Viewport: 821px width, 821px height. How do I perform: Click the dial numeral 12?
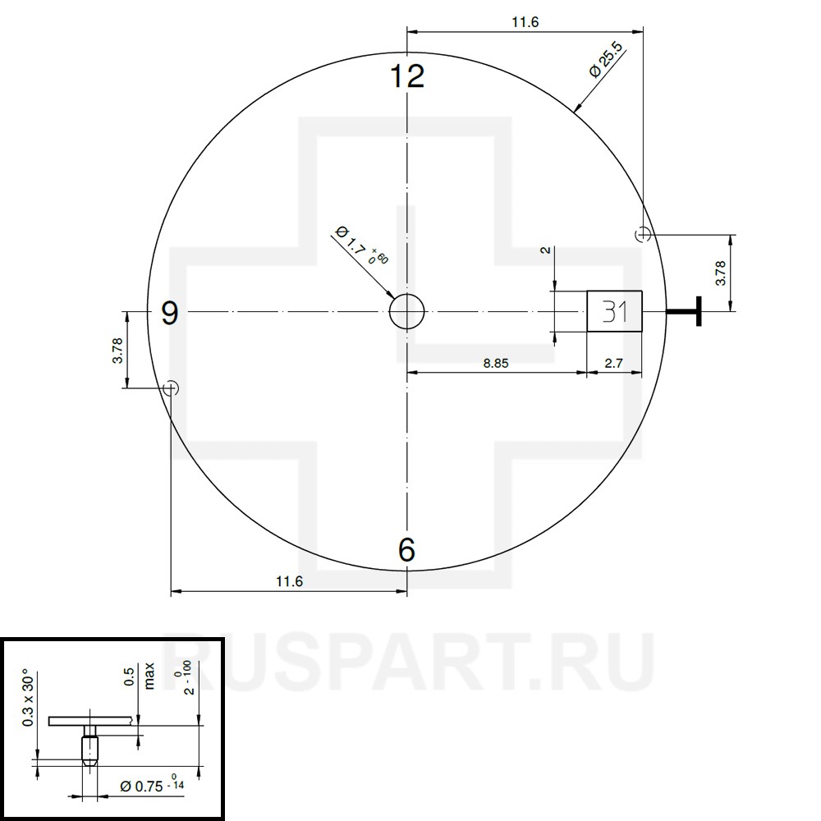(x=407, y=76)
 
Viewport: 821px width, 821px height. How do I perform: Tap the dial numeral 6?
(x=407, y=550)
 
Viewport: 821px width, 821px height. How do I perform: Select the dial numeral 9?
(x=170, y=313)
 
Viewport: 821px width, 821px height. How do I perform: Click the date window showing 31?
(x=614, y=311)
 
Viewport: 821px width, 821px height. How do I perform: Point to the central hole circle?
(x=407, y=311)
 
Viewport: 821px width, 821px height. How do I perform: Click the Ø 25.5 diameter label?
(x=607, y=60)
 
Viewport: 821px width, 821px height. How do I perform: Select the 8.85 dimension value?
(x=495, y=363)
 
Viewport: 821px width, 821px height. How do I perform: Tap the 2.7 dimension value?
(x=613, y=363)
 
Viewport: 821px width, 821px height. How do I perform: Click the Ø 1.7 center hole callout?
(x=362, y=245)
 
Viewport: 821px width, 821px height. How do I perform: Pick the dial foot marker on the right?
(x=643, y=234)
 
